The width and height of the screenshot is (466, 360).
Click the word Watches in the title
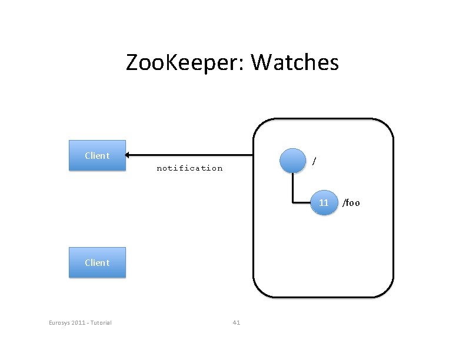pos(295,62)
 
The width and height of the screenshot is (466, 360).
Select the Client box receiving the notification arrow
pos(97,155)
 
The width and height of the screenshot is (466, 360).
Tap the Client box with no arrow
pos(97,262)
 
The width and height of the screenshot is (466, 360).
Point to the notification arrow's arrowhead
pos(127,155)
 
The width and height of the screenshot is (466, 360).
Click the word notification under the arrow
pos(189,168)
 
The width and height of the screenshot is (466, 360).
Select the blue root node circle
pos(293,161)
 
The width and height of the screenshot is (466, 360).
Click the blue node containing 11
pos(324,202)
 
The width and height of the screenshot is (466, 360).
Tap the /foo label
pos(351,203)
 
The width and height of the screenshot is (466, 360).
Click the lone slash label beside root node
pos(314,161)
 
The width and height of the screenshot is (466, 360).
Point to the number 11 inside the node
pos(324,202)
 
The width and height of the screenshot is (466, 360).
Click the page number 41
pos(237,322)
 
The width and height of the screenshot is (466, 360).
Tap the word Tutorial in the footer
pos(101,322)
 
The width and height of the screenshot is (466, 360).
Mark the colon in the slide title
pos(241,64)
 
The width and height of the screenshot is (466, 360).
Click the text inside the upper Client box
pos(97,155)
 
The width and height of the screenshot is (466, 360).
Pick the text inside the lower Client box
pos(97,262)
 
